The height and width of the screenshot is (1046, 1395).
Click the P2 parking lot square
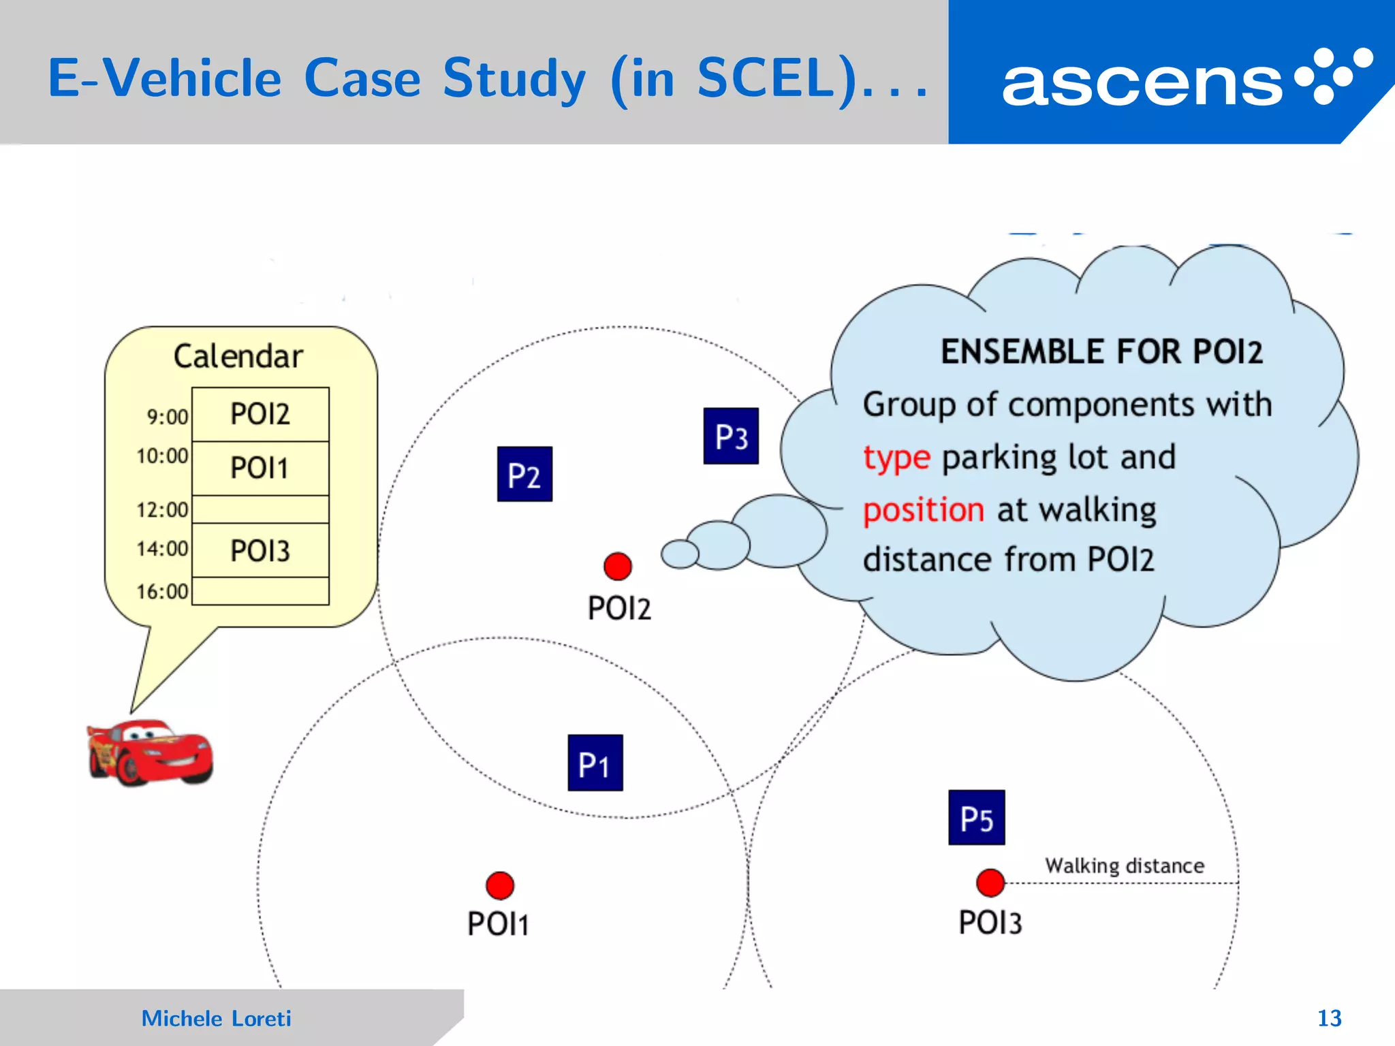pyautogui.click(x=524, y=474)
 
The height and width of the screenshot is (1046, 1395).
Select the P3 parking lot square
pyautogui.click(x=731, y=436)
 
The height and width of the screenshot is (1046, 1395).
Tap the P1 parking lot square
pyautogui.click(x=595, y=763)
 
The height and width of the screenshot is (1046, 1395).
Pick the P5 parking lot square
pyautogui.click(x=976, y=817)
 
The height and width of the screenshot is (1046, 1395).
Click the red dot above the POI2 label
pyautogui.click(x=618, y=566)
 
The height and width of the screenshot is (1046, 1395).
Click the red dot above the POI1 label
pyautogui.click(x=500, y=885)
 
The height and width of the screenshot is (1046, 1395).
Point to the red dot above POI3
pyautogui.click(x=990, y=883)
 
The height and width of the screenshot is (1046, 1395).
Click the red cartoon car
pyautogui.click(x=150, y=752)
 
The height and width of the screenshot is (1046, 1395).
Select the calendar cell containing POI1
pyautogui.click(x=260, y=468)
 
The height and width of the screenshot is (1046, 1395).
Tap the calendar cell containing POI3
pyautogui.click(x=260, y=550)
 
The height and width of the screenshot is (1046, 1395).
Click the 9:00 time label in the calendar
pyautogui.click(x=168, y=416)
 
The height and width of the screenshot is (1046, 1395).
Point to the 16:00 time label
pyautogui.click(x=162, y=591)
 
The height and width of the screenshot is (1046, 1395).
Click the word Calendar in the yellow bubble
pyautogui.click(x=238, y=356)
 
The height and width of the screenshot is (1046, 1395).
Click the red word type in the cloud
pyautogui.click(x=896, y=458)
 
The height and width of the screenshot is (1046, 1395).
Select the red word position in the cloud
pyautogui.click(x=923, y=510)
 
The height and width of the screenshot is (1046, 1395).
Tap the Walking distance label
pyautogui.click(x=1125, y=866)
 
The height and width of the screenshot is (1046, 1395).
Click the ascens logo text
pyautogui.click(x=1142, y=83)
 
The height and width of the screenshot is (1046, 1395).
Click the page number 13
pyautogui.click(x=1329, y=1018)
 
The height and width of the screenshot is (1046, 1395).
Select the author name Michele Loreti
pyautogui.click(x=216, y=1018)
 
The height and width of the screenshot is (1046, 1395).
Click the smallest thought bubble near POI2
pyautogui.click(x=680, y=553)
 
